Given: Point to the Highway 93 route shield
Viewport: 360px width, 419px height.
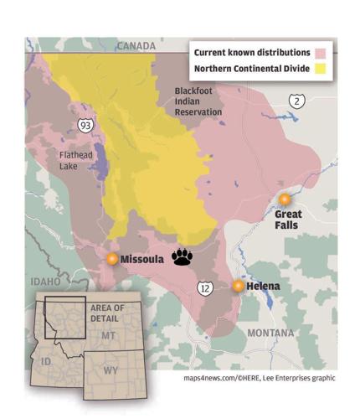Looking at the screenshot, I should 85,125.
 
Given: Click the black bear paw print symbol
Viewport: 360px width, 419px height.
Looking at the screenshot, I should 182,257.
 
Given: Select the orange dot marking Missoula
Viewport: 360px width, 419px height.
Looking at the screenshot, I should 111,260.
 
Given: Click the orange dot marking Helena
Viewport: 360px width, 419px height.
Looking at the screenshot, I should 239,286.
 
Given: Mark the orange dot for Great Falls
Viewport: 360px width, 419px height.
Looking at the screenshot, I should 285,199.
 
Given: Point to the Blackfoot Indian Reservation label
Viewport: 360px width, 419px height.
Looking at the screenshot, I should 198,101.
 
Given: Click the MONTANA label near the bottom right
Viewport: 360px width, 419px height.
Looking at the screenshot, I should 270,332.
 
